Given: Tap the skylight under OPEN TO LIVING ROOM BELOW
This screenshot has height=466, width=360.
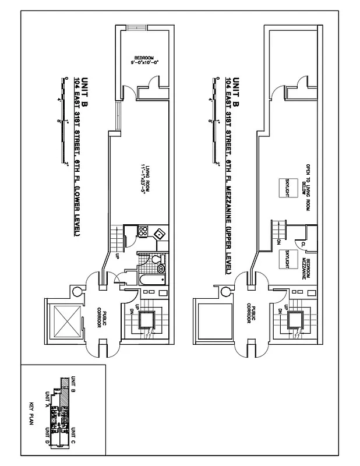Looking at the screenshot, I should click(290, 188).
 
